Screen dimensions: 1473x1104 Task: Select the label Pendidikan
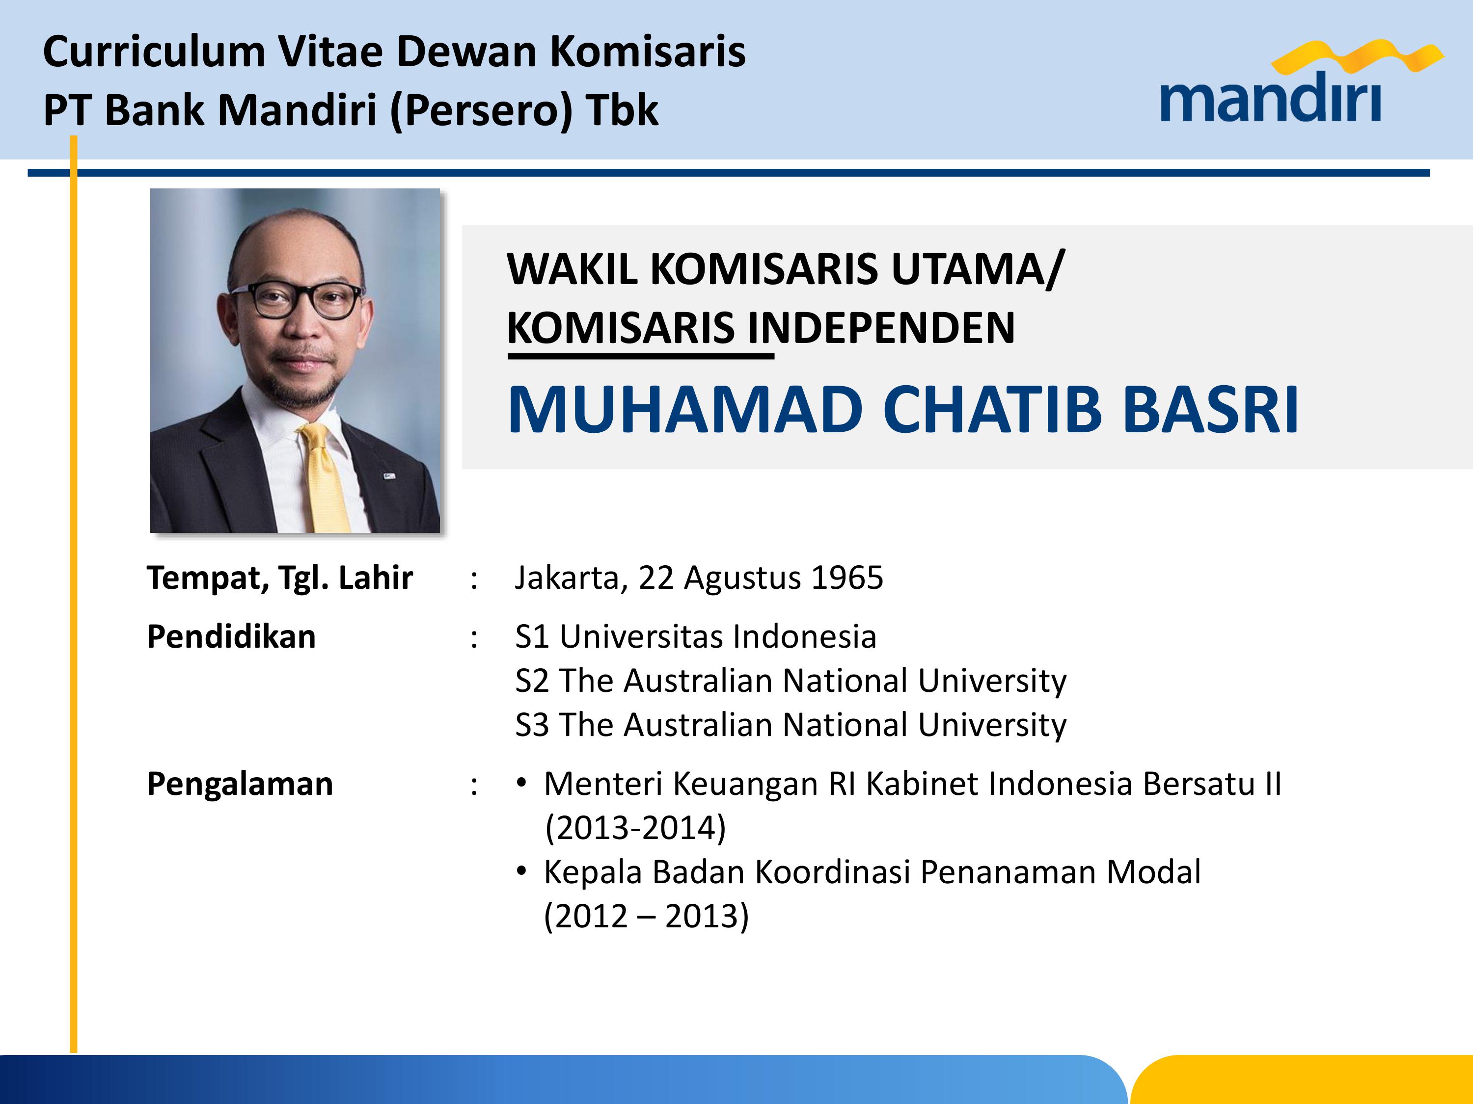pos(231,636)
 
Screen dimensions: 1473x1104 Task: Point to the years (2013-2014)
pos(635,828)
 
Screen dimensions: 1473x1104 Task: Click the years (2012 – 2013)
pos(646,917)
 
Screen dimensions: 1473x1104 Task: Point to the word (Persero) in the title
pos(481,110)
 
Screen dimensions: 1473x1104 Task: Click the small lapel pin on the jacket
pos(389,476)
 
